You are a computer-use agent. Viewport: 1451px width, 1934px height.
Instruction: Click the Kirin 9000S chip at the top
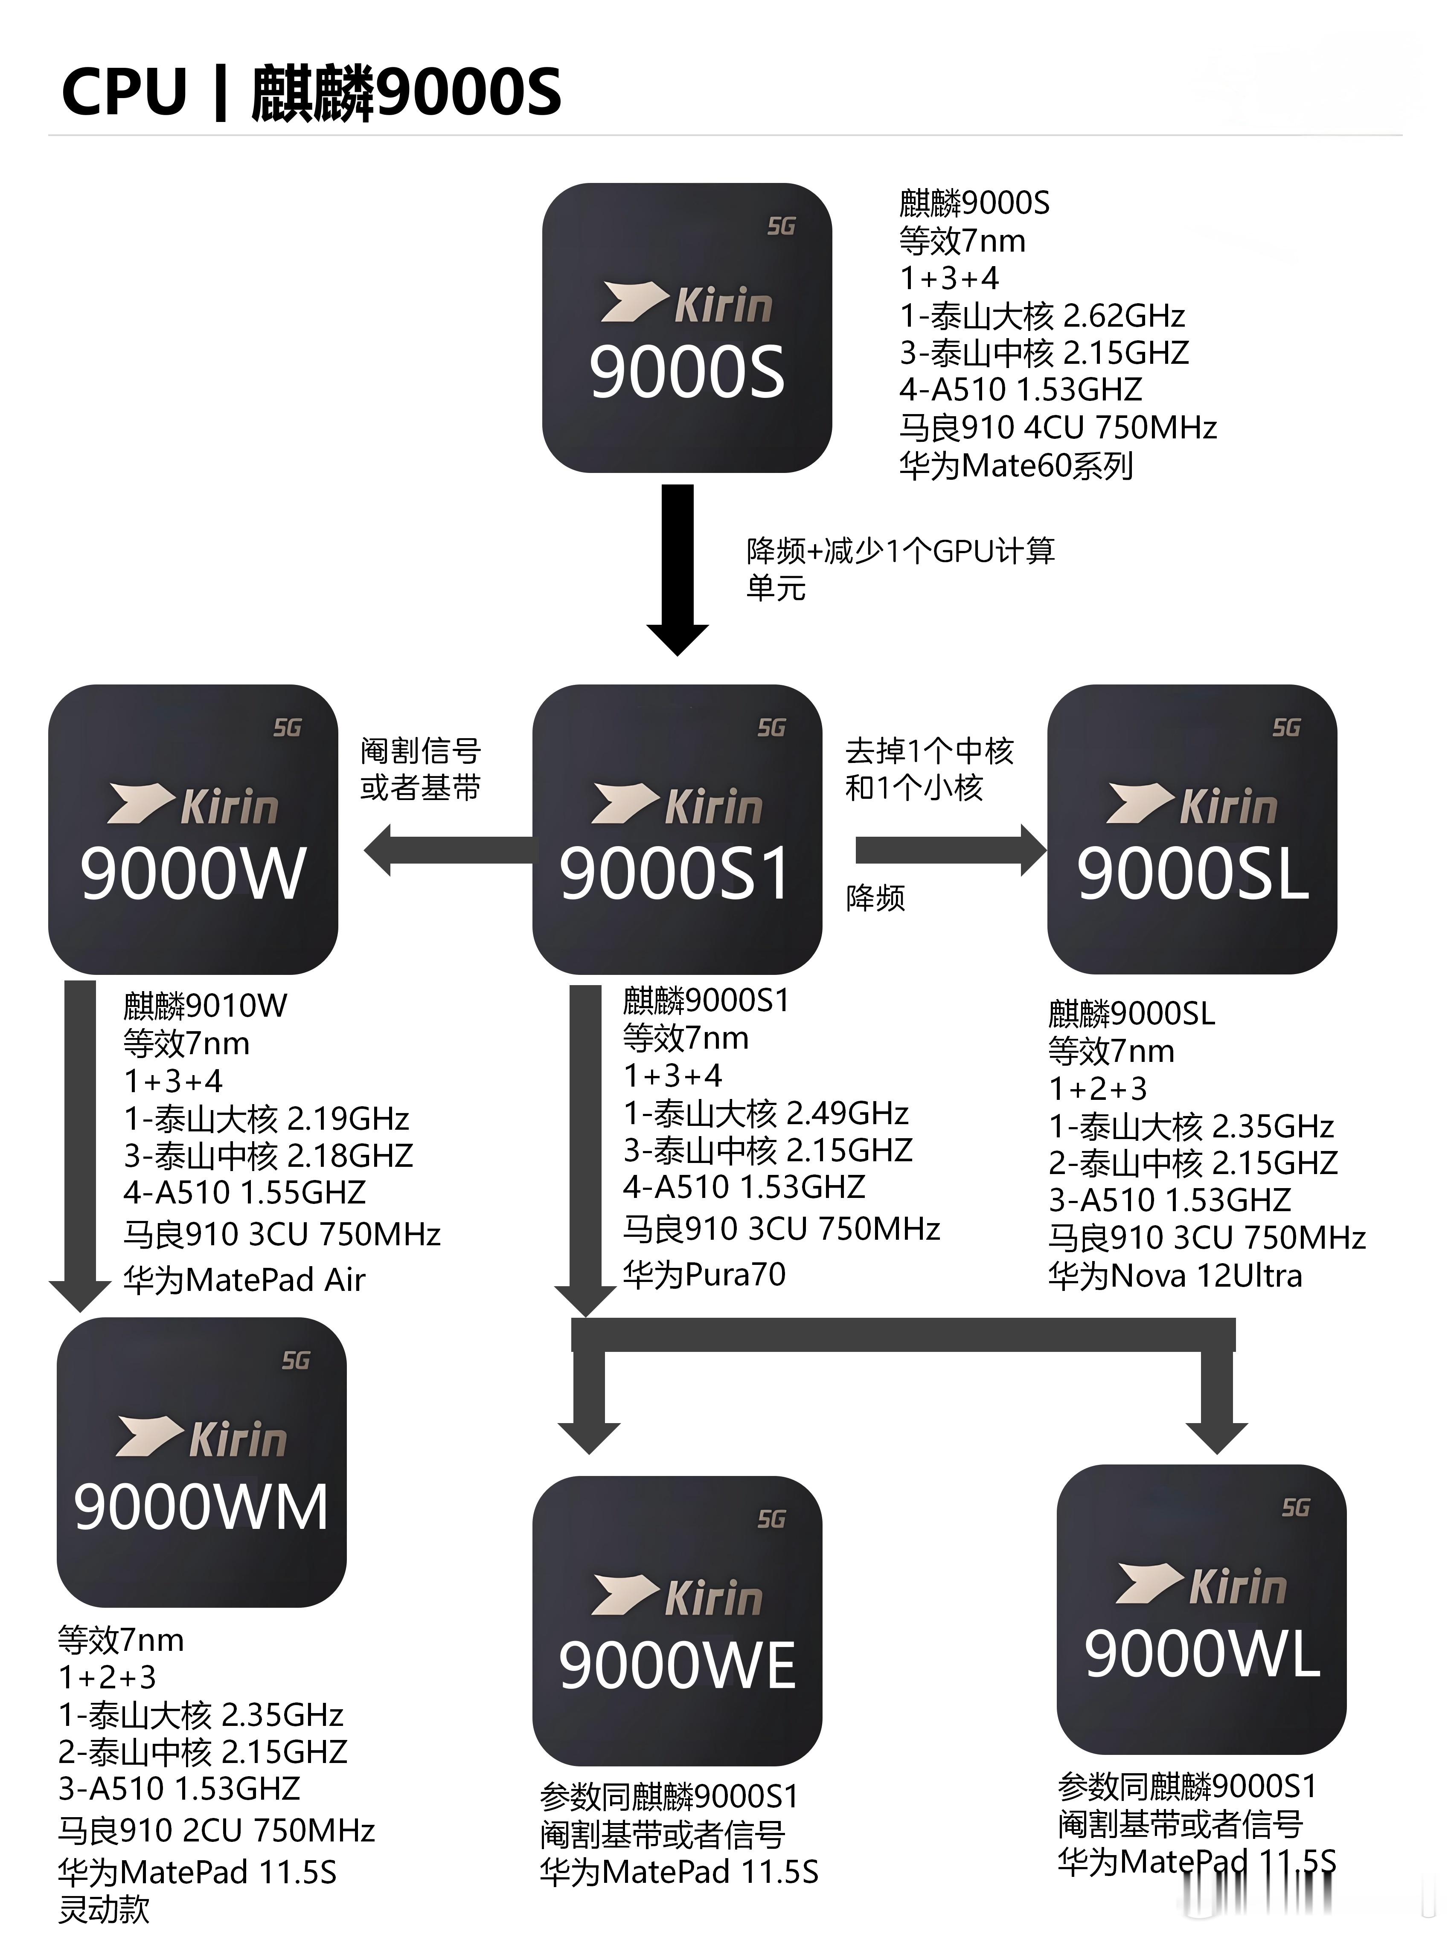click(x=686, y=328)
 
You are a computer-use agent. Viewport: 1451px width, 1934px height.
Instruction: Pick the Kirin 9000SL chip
click(x=1191, y=829)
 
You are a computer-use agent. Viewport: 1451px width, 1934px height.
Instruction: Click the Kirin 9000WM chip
click(x=201, y=1462)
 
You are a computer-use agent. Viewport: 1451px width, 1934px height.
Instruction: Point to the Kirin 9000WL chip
click(x=1201, y=1609)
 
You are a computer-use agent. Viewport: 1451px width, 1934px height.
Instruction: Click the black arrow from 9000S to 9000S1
click(x=677, y=568)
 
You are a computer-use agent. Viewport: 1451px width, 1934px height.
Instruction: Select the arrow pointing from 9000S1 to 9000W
click(x=446, y=850)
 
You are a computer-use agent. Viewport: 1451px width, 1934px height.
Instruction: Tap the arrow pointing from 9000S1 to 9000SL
click(x=949, y=850)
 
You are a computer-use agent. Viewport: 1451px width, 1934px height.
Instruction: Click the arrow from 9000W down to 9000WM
click(x=80, y=1145)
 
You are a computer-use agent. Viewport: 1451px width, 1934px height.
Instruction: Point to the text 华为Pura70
click(x=704, y=1274)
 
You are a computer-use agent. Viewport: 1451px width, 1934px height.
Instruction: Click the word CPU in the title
click(x=124, y=92)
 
